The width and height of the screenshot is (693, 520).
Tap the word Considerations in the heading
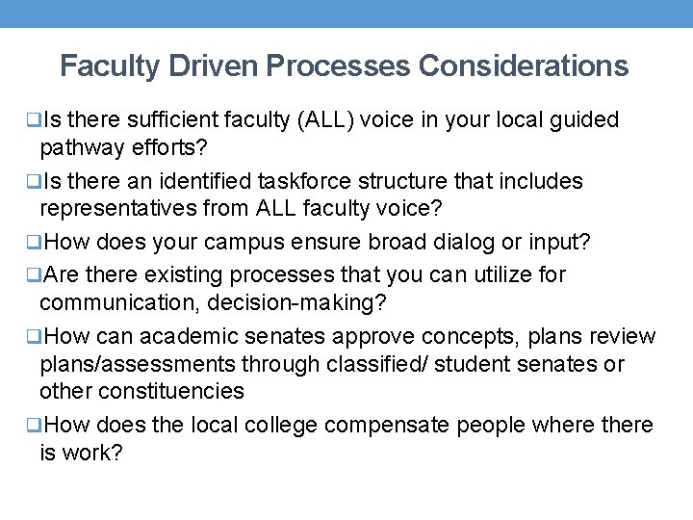coord(524,66)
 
